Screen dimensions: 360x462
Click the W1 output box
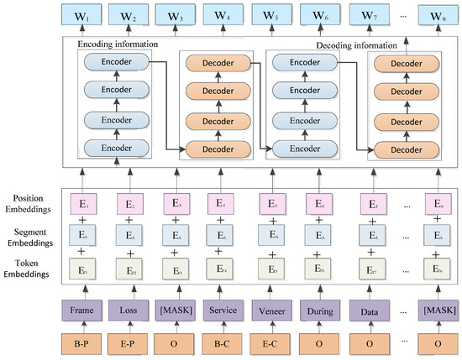pos(81,14)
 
